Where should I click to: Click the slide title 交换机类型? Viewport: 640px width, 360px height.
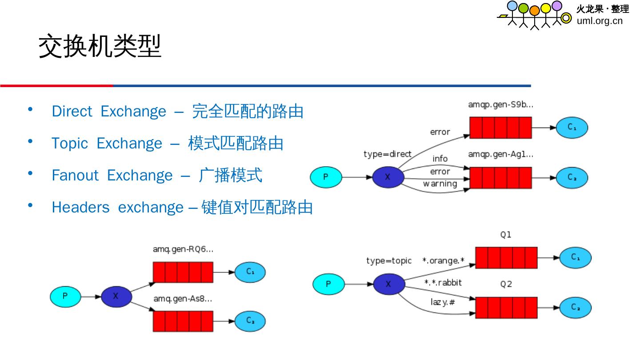pyautogui.click(x=100, y=47)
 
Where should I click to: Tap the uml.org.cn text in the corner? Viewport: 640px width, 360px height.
pyautogui.click(x=600, y=21)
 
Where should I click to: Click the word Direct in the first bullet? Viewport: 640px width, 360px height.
pyautogui.click(x=72, y=111)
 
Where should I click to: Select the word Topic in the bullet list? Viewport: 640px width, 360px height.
pyautogui.click(x=69, y=143)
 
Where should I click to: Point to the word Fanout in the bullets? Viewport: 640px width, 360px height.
pyautogui.click(x=75, y=175)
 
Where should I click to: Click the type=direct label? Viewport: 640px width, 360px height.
pyautogui.click(x=387, y=154)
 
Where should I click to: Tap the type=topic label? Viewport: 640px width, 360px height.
pyautogui.click(x=388, y=261)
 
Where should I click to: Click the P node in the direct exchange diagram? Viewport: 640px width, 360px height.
pyautogui.click(x=325, y=177)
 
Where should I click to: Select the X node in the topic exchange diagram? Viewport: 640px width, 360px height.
pyautogui.click(x=388, y=284)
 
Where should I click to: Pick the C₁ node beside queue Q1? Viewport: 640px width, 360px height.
pyautogui.click(x=575, y=257)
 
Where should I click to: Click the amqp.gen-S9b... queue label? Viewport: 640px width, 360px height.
pyautogui.click(x=500, y=105)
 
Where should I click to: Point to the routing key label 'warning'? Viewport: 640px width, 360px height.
pyautogui.click(x=440, y=184)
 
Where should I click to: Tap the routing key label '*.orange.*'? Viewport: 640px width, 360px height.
pyautogui.click(x=443, y=261)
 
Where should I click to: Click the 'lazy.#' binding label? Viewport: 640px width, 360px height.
pyautogui.click(x=442, y=302)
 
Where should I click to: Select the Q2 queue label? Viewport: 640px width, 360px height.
pyautogui.click(x=506, y=284)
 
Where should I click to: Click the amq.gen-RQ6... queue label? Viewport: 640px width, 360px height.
pyautogui.click(x=183, y=249)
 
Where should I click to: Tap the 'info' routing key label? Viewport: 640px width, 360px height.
pyautogui.click(x=440, y=159)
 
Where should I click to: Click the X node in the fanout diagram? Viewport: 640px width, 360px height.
pyautogui.click(x=116, y=296)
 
